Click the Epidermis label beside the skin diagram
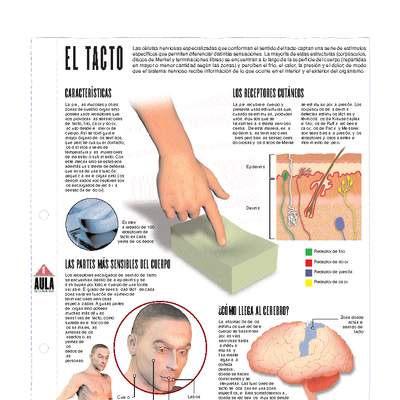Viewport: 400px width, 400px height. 256,166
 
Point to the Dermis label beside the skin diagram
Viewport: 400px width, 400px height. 254,207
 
